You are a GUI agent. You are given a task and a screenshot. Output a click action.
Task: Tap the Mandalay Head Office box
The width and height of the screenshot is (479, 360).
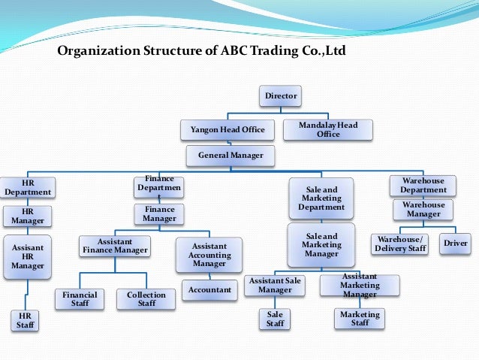[328, 129]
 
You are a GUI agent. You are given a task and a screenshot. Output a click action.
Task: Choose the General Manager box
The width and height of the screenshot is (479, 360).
[230, 156]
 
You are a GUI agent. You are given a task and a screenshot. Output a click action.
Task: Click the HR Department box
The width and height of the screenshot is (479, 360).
[28, 187]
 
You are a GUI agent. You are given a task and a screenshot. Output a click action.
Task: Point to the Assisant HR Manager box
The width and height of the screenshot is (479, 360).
[28, 256]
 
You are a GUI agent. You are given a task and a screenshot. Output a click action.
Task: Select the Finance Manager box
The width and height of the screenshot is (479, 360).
[159, 214]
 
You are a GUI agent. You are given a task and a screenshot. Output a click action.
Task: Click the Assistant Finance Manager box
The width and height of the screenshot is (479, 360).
[116, 245]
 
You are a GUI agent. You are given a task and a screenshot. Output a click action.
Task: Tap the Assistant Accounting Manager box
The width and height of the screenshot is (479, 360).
[209, 255]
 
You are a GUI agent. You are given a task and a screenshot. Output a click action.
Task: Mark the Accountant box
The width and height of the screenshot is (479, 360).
[209, 289]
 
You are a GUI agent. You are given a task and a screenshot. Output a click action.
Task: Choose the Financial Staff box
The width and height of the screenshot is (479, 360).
[80, 300]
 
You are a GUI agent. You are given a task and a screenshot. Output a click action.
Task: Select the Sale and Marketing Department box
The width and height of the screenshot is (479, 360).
[321, 198]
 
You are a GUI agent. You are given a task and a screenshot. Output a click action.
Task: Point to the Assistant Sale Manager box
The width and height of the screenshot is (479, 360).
[275, 285]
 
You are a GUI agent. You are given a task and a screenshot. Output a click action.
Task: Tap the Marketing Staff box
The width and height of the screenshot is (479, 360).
[360, 319]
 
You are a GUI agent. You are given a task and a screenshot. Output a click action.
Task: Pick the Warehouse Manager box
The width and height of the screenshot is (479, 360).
[423, 210]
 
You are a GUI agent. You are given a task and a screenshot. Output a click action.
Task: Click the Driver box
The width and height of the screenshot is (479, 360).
[456, 243]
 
